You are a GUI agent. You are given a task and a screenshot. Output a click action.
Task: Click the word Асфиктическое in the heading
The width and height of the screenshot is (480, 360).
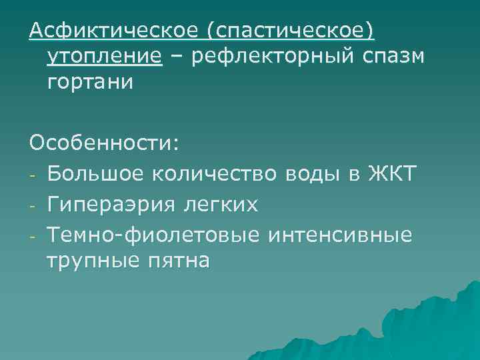pos(112,31)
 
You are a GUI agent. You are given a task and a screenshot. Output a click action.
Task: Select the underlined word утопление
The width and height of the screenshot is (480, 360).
pos(104,57)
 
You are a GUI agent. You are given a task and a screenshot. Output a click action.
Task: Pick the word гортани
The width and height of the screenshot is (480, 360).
pos(90,82)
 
